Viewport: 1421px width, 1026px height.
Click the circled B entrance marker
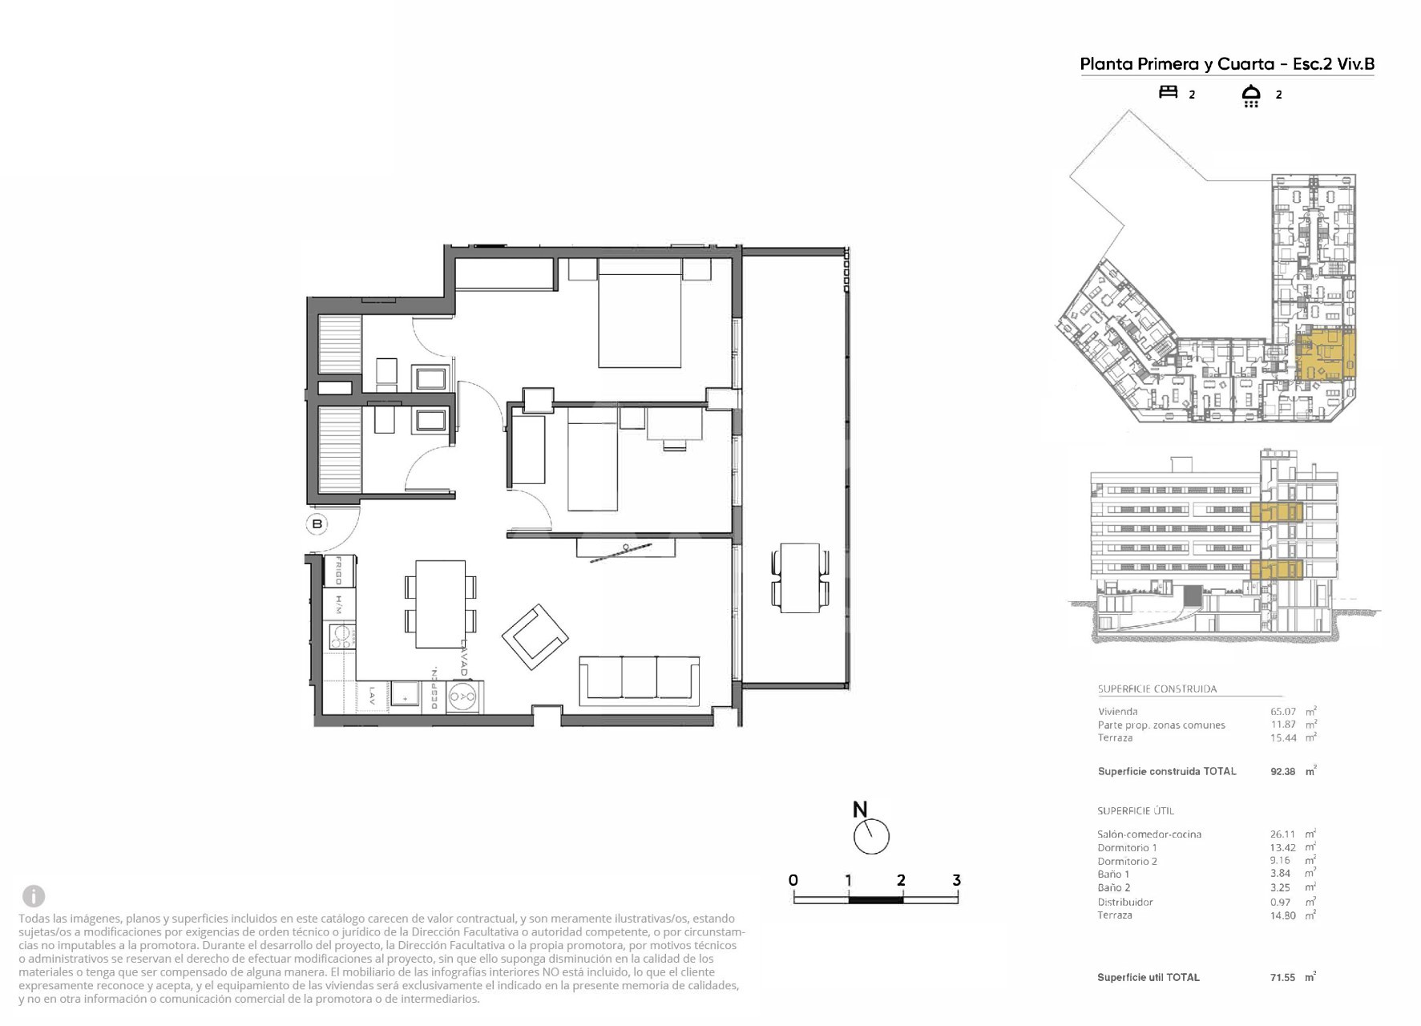(x=317, y=524)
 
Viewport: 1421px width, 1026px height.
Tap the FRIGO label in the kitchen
(x=339, y=570)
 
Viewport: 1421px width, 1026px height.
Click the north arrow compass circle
(x=871, y=836)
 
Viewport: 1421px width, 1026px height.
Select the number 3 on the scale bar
(x=956, y=880)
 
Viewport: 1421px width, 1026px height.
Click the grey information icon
(x=34, y=895)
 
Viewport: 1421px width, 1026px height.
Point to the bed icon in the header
(x=1169, y=92)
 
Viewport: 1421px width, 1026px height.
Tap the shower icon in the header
(x=1250, y=95)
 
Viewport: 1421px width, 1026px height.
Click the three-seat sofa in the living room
(x=639, y=679)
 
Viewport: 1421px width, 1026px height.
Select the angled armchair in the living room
(x=535, y=636)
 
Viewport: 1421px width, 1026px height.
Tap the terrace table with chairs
(x=799, y=578)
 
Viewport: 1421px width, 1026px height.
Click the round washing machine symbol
(x=462, y=697)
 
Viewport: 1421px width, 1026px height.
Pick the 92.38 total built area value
(x=1283, y=772)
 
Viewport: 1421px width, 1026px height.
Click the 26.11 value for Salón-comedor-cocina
(x=1282, y=834)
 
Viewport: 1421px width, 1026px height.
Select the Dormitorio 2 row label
(x=1127, y=862)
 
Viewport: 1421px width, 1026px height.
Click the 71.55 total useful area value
(x=1282, y=978)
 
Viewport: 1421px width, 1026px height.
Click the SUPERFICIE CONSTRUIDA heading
(x=1157, y=689)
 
